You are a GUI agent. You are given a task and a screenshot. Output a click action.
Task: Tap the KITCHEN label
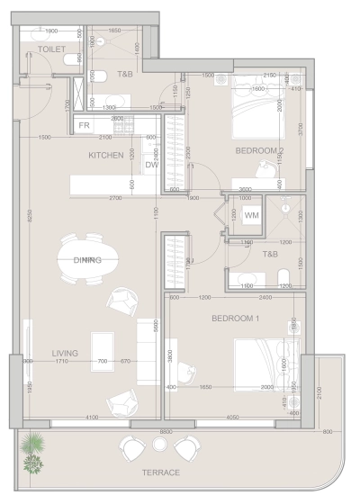(105, 156)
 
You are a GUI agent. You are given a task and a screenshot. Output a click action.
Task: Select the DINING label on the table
(88, 259)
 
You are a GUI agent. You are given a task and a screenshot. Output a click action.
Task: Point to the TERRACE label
(160, 472)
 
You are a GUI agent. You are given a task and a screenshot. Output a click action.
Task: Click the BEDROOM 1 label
(236, 319)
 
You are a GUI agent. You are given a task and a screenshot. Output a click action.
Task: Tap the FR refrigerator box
(84, 126)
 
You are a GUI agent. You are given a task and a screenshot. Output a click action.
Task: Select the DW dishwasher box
(151, 165)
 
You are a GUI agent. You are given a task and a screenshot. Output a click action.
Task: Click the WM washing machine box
(251, 215)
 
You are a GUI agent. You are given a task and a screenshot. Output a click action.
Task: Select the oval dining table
(88, 259)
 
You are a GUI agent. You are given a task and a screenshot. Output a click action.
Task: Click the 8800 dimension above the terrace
(166, 431)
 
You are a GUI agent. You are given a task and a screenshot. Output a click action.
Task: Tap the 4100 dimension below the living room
(91, 418)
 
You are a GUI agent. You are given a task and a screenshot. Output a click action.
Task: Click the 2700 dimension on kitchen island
(115, 196)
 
